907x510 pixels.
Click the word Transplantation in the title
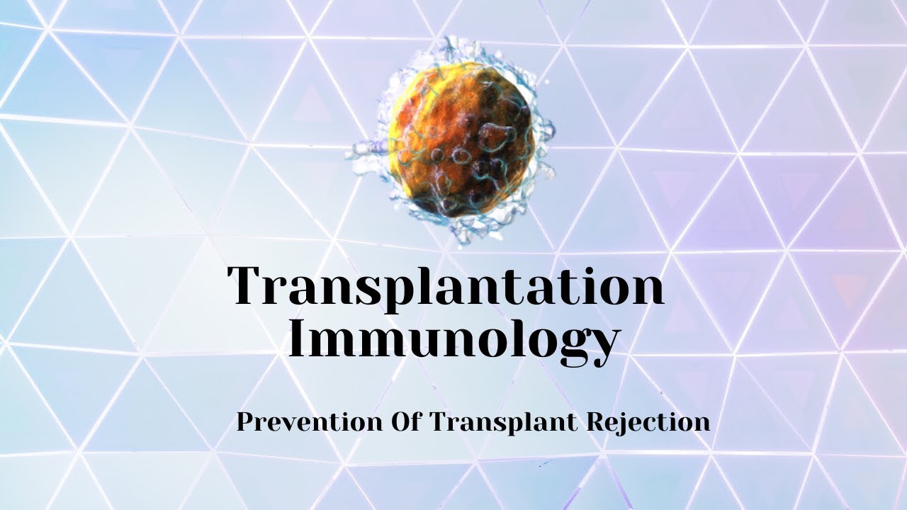[446, 286]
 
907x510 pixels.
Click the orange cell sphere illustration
[459, 139]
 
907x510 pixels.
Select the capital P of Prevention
[245, 422]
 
